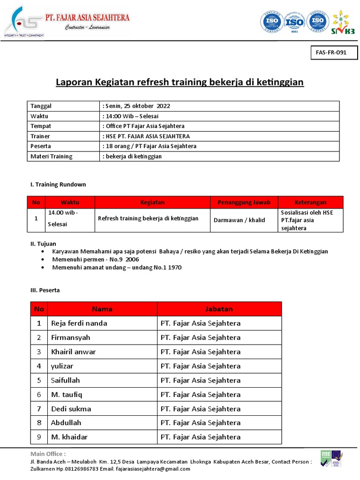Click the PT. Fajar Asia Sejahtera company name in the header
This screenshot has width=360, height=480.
pyautogui.click(x=87, y=18)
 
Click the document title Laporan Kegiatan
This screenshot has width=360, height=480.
pyautogui.click(x=180, y=82)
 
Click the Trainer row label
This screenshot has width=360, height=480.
pyautogui.click(x=40, y=136)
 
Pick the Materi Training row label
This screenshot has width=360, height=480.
pyautogui.click(x=52, y=156)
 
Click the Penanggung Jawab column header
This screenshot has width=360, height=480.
pyautogui.click(x=244, y=202)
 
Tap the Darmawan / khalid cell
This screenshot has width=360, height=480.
pyautogui.click(x=239, y=220)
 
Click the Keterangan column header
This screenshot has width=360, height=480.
pyautogui.click(x=310, y=202)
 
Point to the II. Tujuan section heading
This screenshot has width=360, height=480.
pyautogui.click(x=43, y=244)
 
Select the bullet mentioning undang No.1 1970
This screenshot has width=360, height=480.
pyautogui.click(x=117, y=267)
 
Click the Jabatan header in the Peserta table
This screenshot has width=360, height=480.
pyautogui.click(x=219, y=309)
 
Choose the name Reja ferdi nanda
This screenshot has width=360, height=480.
pyautogui.click(x=79, y=323)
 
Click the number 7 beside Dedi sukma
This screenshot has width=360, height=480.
pyautogui.click(x=39, y=409)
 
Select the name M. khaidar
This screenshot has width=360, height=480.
pyautogui.click(x=69, y=437)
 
